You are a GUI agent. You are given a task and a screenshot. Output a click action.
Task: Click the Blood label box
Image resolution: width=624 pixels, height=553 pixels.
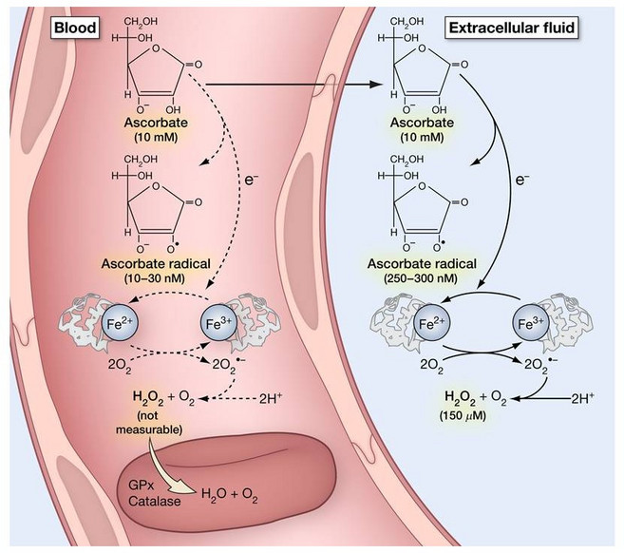pos(75,28)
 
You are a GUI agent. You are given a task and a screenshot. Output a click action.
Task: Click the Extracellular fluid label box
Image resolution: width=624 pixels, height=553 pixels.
pos(512,28)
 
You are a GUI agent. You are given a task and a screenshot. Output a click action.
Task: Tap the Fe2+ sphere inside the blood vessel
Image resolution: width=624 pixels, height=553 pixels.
pos(120,323)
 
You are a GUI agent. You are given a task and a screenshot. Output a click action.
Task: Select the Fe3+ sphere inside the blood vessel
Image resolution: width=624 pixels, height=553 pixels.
pos(218,323)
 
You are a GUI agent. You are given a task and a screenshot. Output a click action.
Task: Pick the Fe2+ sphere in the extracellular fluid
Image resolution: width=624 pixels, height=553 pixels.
pos(432,323)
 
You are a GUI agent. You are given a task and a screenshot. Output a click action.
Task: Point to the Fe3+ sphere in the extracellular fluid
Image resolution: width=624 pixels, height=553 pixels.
pos(531,323)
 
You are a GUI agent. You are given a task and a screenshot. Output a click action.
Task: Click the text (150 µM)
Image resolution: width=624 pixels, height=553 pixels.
pos(463,415)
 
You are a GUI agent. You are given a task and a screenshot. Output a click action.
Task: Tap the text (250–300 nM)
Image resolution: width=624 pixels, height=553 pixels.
pos(421,277)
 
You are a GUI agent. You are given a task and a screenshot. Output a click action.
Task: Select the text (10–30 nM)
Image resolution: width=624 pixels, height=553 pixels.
pos(155,277)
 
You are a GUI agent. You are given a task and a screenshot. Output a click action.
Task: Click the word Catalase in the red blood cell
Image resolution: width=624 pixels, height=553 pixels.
pos(155,501)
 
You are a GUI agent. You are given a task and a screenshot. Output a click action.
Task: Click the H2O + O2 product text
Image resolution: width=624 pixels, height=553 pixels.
pos(230,495)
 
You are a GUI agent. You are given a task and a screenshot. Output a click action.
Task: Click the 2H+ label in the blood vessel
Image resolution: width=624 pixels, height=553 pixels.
pos(271,398)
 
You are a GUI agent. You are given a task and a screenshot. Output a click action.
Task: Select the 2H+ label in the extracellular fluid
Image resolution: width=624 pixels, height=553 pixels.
pos(583,398)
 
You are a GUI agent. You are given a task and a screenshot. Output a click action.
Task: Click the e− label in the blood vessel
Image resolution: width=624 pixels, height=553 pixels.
pos(251,180)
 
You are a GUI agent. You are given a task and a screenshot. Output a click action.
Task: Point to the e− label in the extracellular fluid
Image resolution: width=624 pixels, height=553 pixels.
pos(522,180)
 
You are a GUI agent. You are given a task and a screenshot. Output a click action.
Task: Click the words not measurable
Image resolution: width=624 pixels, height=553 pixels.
pos(149,423)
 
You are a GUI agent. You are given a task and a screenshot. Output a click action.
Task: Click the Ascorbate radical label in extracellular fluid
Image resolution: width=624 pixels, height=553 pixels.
pos(422,263)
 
